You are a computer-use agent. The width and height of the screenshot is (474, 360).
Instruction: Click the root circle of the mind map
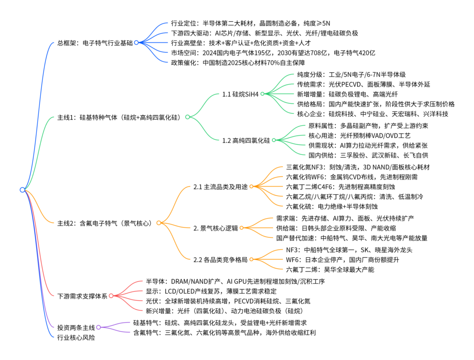(x=22, y=190)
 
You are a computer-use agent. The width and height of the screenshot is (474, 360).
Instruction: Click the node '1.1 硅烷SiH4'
(x=240, y=94)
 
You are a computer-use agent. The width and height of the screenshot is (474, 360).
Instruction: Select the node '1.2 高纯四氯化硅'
(x=246, y=141)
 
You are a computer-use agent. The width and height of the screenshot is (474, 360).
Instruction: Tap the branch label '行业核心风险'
(x=76, y=337)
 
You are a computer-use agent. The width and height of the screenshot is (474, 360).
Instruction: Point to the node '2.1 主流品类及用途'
(x=220, y=187)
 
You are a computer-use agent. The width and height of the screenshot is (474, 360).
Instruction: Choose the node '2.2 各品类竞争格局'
(x=220, y=260)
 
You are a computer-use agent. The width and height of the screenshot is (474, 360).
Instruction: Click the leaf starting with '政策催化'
(x=238, y=62)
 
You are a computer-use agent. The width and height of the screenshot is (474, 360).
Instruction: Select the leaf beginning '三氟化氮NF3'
(x=358, y=167)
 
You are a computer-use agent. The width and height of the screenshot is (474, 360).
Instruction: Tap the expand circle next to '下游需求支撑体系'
(x=111, y=296)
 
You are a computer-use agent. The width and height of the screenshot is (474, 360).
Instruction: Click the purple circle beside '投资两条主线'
(x=99, y=327)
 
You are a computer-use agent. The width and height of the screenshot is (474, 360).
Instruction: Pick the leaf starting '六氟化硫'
(x=331, y=206)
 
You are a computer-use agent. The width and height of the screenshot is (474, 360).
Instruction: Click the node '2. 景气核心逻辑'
(x=216, y=228)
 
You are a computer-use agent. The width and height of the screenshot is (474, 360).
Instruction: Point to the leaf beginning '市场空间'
(x=273, y=53)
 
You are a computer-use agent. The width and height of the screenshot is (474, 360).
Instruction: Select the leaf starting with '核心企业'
(x=373, y=114)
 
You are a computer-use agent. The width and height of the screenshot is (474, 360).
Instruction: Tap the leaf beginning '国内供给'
(x=368, y=155)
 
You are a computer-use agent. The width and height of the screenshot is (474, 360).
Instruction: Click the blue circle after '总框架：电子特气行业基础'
(x=137, y=43)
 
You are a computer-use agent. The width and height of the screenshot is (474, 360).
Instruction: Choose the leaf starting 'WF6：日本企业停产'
(x=343, y=260)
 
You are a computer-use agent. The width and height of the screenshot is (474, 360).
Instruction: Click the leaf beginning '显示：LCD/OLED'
(x=211, y=292)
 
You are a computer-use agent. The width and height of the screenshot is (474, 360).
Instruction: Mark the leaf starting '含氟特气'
(x=225, y=333)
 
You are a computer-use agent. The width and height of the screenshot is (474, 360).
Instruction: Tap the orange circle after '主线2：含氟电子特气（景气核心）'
(x=159, y=223)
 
